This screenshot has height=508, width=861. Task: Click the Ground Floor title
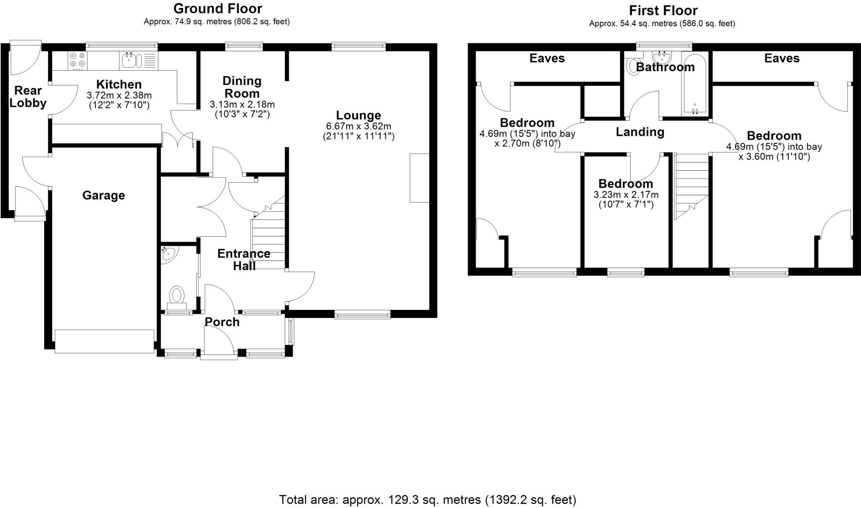click(x=217, y=8)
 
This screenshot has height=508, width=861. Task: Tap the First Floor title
click(x=663, y=10)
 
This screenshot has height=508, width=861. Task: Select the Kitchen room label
click(x=119, y=84)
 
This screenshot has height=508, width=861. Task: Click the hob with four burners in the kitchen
click(x=77, y=60)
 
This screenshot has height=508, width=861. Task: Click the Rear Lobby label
click(x=28, y=97)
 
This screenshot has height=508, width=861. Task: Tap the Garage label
click(x=103, y=195)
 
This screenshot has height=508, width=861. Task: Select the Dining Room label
click(x=242, y=87)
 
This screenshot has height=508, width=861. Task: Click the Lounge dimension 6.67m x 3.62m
click(x=359, y=126)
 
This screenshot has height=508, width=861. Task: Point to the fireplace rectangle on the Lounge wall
click(x=420, y=178)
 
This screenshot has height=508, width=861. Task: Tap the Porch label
click(x=222, y=322)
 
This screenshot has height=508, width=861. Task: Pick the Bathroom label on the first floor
click(x=665, y=67)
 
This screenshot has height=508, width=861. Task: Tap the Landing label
click(x=640, y=132)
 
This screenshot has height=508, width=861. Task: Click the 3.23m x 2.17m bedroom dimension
click(x=626, y=195)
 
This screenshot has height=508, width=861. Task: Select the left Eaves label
click(x=547, y=58)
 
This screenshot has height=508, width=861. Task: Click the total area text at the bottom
click(x=428, y=500)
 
